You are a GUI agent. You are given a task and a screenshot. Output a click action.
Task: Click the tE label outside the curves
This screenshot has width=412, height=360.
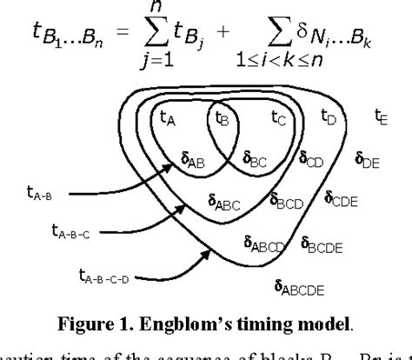click(381, 116)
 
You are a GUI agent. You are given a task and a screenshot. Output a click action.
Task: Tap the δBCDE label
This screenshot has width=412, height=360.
click(322, 244)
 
